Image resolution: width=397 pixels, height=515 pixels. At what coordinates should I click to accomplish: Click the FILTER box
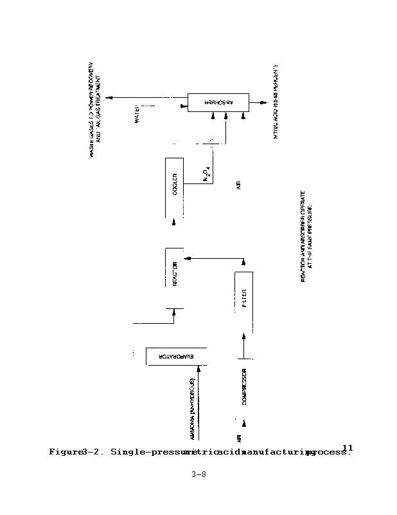pos(244,299)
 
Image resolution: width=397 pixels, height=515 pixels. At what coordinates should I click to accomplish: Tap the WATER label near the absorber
pos(137,115)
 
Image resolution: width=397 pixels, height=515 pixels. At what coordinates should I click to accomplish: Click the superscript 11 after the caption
pos(348,447)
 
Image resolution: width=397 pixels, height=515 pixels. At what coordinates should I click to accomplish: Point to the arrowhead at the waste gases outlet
pos(110,97)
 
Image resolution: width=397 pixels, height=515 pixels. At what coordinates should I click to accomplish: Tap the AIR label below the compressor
pos(238,438)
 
